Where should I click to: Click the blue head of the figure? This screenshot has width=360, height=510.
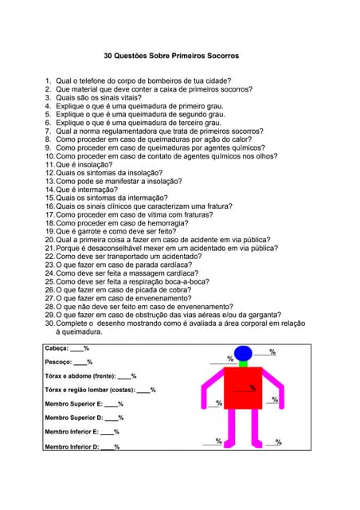(243, 353)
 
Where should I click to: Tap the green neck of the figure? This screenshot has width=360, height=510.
(243, 363)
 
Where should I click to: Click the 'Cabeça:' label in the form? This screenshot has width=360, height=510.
(57, 348)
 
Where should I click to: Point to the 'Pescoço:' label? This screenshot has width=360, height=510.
(58, 362)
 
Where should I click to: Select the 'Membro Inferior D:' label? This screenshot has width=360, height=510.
(72, 447)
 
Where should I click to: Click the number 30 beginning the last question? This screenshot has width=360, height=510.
(49, 323)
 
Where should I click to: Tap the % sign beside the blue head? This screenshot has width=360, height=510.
(272, 351)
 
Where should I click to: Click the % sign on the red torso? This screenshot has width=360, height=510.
(252, 388)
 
